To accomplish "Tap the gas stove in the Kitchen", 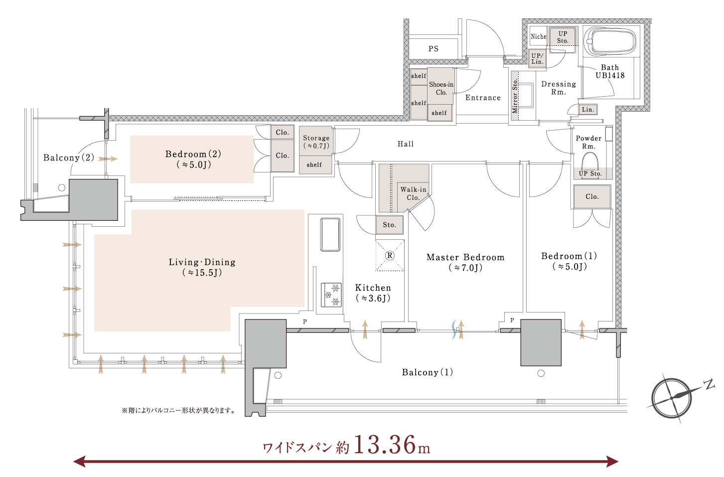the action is pyautogui.click(x=331, y=295).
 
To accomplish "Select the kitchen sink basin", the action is pyautogui.click(x=330, y=234).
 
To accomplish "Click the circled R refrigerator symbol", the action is pyautogui.click(x=390, y=256).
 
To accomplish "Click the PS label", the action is pyautogui.click(x=434, y=49).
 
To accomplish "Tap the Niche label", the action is pyautogui.click(x=539, y=36).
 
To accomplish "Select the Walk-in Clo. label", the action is pyautogui.click(x=414, y=193).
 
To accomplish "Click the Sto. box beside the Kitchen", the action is pyautogui.click(x=390, y=225).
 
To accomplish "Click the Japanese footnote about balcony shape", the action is pyautogui.click(x=178, y=411).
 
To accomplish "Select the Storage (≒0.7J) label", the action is pyautogui.click(x=316, y=142).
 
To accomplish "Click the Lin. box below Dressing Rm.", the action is pyautogui.click(x=588, y=110).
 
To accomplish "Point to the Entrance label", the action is pyautogui.click(x=483, y=98).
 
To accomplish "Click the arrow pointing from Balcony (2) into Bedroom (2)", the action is pyautogui.click(x=108, y=159).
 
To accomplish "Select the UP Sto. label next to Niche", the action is pyautogui.click(x=563, y=37).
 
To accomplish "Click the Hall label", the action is pyautogui.click(x=406, y=144).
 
